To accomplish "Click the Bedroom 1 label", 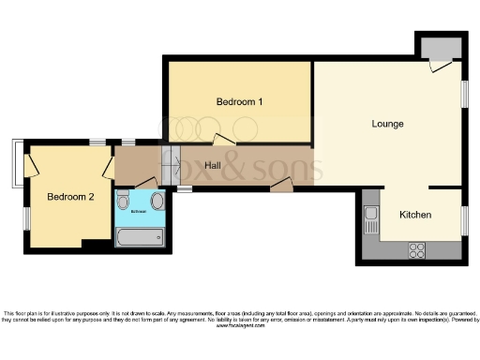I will pyautogui.click(x=239, y=101).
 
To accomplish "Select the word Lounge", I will pyautogui.click(x=387, y=124).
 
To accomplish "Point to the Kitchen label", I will pyautogui.click(x=415, y=215).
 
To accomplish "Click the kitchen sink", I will pyautogui.click(x=371, y=221).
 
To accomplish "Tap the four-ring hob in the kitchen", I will pyautogui.click(x=416, y=250).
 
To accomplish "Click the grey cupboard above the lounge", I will pyautogui.click(x=439, y=48).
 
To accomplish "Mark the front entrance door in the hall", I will pyautogui.click(x=280, y=185).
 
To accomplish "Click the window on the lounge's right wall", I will pyautogui.click(x=464, y=94).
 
